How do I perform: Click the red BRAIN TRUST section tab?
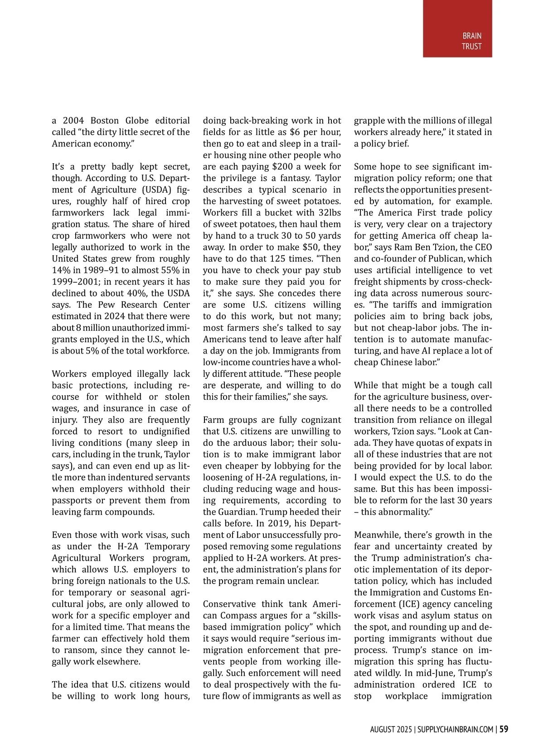pyautogui.click(x=457, y=29)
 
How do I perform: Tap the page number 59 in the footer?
pyautogui.click(x=504, y=729)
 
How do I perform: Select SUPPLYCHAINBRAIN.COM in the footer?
pyautogui.click(x=455, y=730)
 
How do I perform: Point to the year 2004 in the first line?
pyautogui.click(x=73, y=121)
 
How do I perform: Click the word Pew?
pyautogui.click(x=107, y=305)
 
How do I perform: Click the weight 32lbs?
pyautogui.click(x=330, y=213)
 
